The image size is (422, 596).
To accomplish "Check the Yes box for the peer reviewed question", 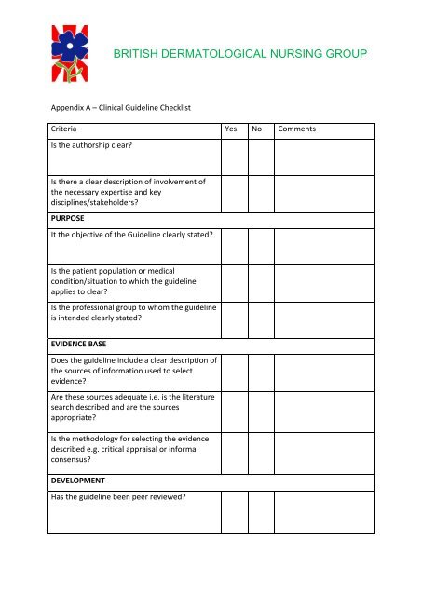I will (234, 511).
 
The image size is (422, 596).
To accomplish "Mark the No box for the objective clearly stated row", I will (261, 243).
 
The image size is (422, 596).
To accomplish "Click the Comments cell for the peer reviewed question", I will (324, 511).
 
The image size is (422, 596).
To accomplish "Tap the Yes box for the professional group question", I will (234, 318).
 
